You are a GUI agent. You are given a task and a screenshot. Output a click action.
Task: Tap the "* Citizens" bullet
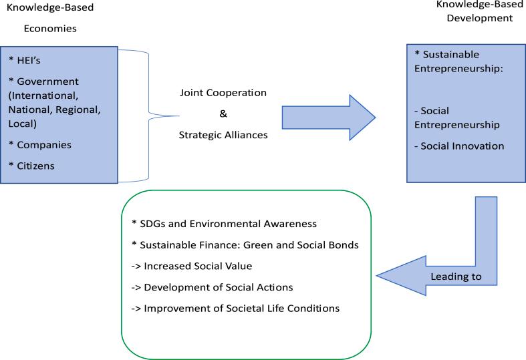click(x=33, y=165)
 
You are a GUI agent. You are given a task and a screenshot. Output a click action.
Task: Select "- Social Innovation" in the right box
click(x=462, y=146)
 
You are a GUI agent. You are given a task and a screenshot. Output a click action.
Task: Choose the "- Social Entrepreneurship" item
click(x=461, y=118)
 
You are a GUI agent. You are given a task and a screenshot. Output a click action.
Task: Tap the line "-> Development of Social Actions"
click(x=209, y=287)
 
